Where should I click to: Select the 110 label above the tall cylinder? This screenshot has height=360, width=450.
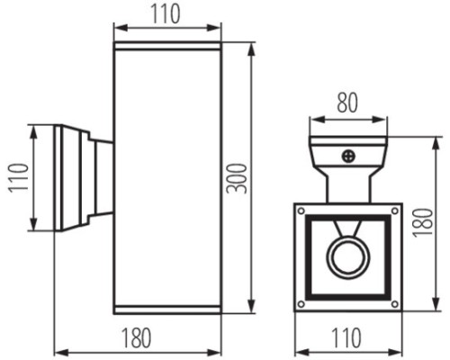coord(166,13)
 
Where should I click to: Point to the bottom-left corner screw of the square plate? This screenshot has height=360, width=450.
coord(303,301)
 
